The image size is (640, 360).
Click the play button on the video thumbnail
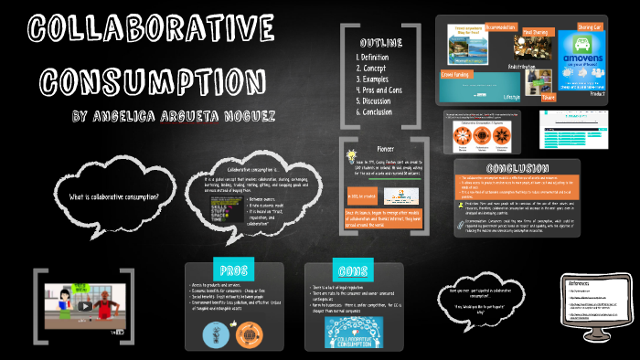(83, 305)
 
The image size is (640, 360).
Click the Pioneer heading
(385, 145)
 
